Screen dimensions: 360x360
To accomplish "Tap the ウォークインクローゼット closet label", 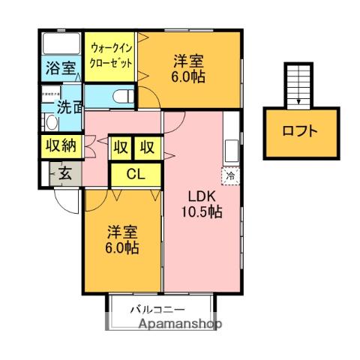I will (111, 56).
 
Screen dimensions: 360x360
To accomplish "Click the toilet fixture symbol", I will (124, 96).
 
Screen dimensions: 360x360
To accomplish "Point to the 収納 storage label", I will (58, 146).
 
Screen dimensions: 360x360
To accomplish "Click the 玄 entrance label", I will (65, 175).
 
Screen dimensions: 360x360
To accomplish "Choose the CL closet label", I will (135, 175).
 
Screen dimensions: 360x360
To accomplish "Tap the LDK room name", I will (202, 196).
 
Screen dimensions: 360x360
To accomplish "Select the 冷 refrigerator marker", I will (229, 175).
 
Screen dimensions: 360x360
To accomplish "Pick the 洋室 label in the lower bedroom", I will (121, 232).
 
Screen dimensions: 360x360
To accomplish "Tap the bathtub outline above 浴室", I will (60, 42).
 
